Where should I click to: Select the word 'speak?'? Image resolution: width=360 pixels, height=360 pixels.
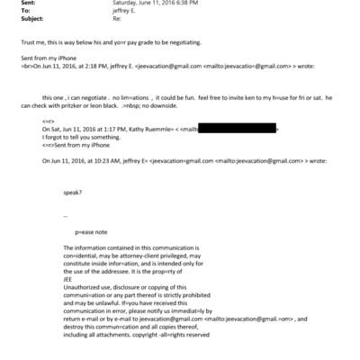pos(73,191)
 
